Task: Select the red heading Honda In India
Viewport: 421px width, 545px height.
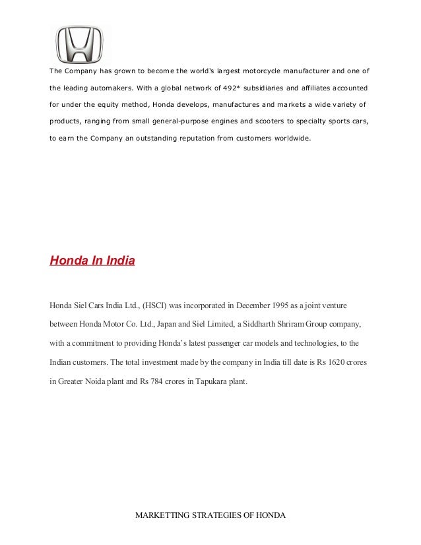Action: [92, 261]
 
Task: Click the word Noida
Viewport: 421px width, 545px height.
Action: [103, 381]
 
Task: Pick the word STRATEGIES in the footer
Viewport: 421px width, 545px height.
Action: [219, 515]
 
